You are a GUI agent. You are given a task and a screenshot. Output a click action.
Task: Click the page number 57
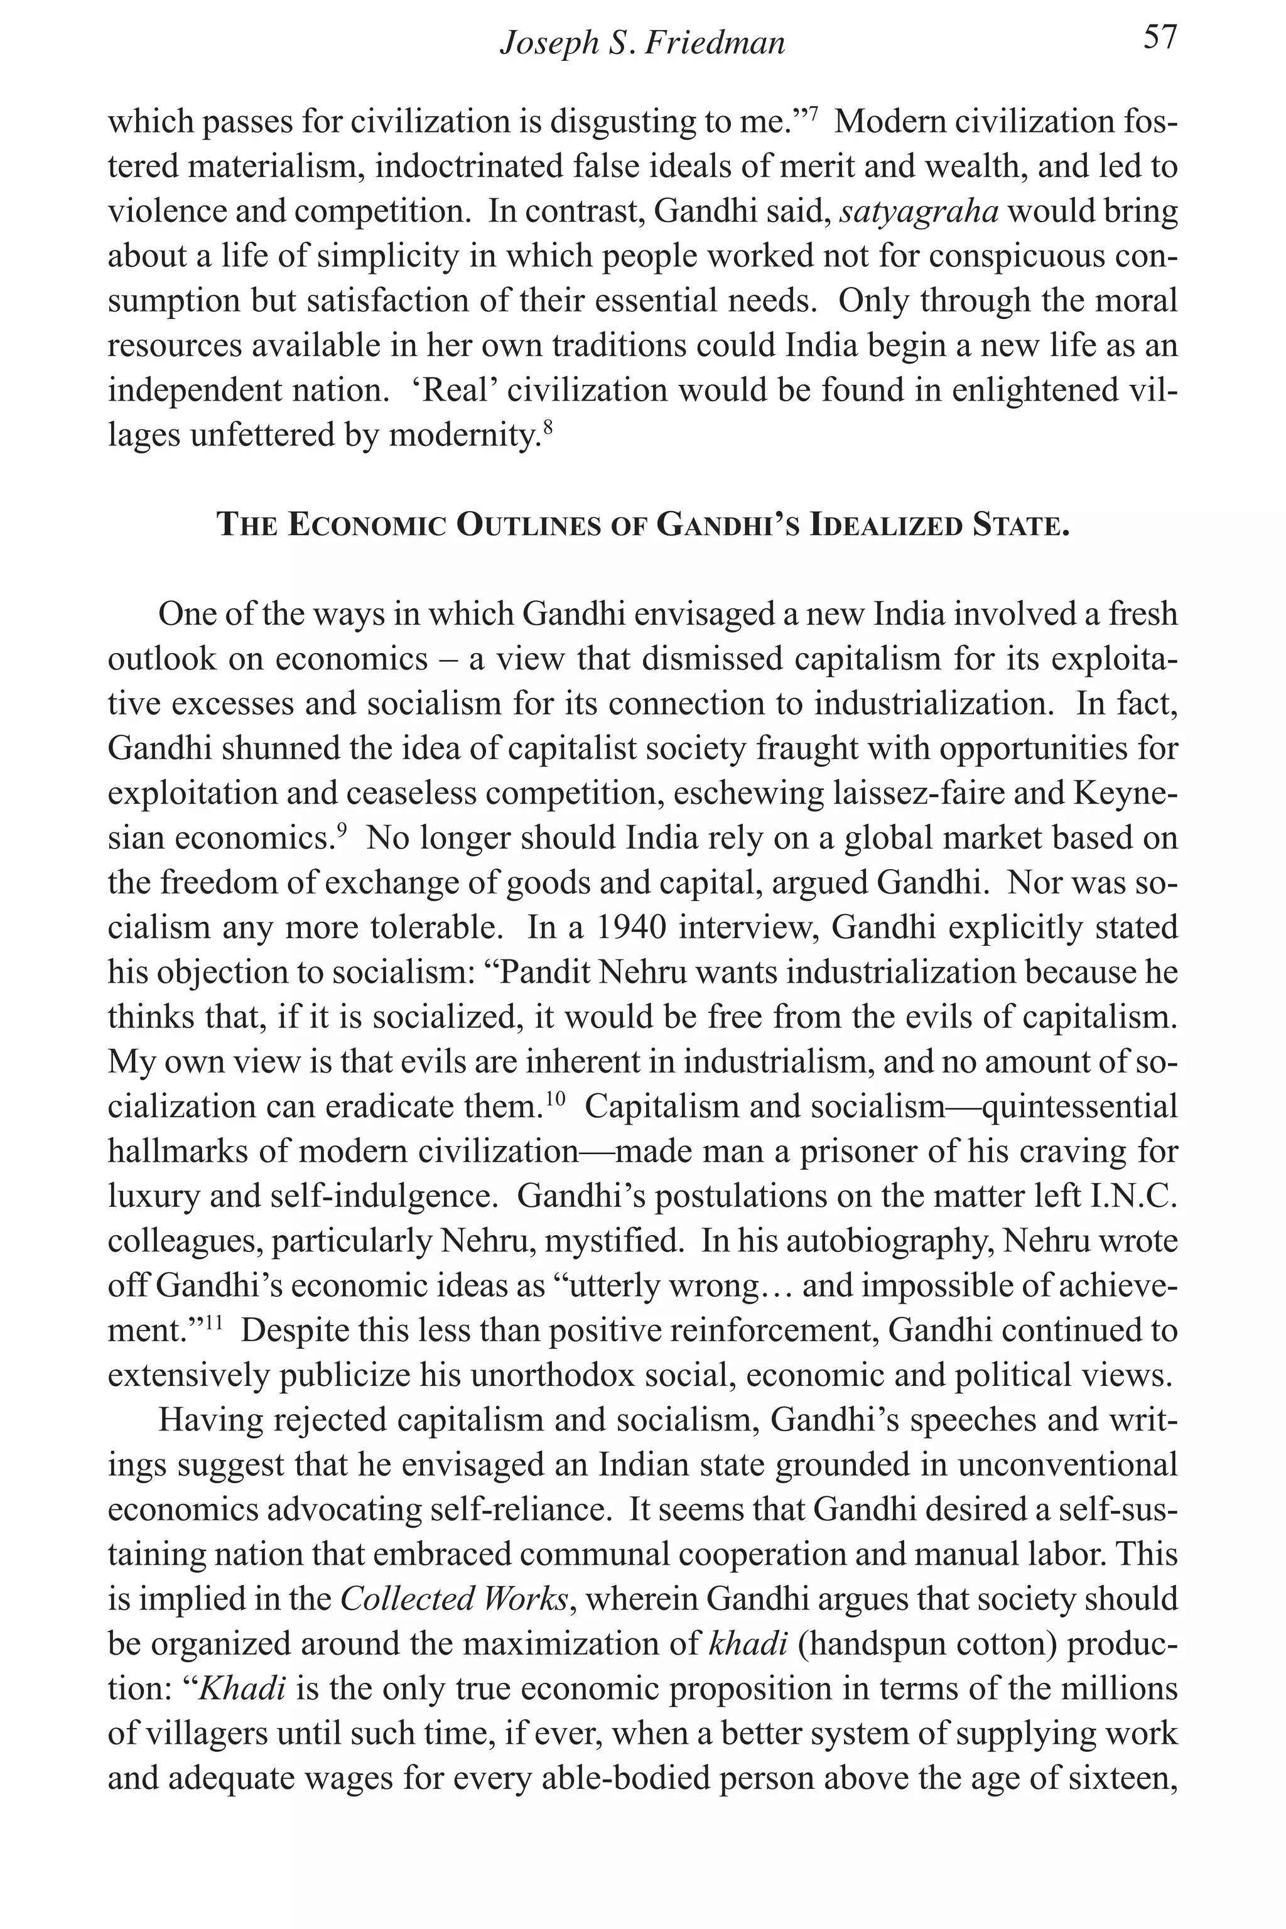(x=1160, y=38)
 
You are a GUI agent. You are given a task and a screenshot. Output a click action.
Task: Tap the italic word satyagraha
(x=919, y=212)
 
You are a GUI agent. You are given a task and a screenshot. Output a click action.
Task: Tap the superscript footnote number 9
(x=342, y=830)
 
